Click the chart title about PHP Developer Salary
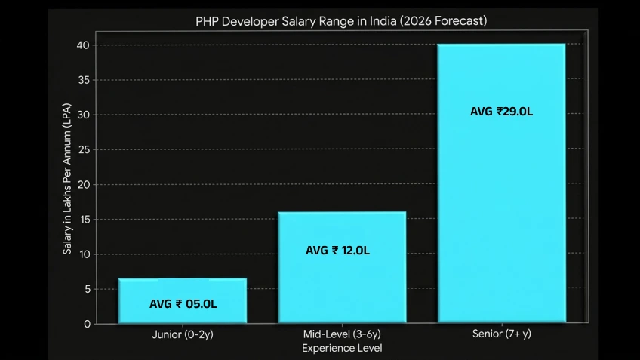click(341, 20)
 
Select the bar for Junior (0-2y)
click(183, 291)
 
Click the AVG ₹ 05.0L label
click(183, 304)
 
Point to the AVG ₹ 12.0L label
click(337, 251)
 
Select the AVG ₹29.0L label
click(501, 111)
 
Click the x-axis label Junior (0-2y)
click(183, 334)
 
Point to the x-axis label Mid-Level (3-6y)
click(342, 334)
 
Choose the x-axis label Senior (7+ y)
click(501, 334)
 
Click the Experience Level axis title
click(342, 348)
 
